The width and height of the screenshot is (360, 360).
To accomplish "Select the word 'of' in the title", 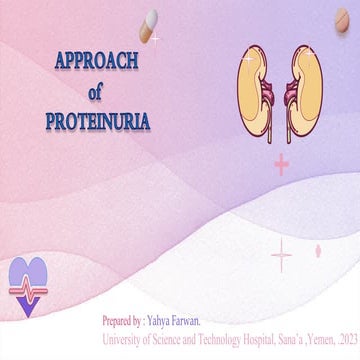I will click(x=95, y=93).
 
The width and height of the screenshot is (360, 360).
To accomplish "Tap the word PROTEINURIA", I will click(x=97, y=122).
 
